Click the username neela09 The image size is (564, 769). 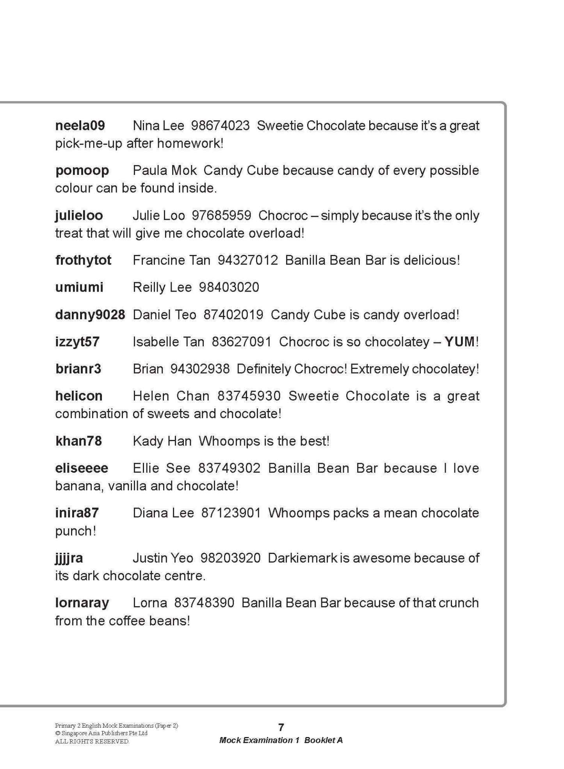80,126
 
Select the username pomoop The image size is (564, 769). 82,171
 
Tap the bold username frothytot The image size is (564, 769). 83,260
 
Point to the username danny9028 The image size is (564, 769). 90,315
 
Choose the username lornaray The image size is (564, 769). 82,603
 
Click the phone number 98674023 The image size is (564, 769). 220,126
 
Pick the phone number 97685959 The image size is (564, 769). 221,215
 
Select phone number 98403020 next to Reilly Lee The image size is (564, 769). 229,287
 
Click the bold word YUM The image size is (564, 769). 459,342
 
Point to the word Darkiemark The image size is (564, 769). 302,558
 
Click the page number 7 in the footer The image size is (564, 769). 281,727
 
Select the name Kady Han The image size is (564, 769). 162,441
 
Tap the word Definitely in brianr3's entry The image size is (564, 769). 263,369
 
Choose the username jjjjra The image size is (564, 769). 69,558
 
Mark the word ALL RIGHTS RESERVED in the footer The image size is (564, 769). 92,741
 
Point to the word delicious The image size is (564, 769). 431,260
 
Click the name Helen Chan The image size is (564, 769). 171,396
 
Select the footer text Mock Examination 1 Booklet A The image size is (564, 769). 281,740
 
